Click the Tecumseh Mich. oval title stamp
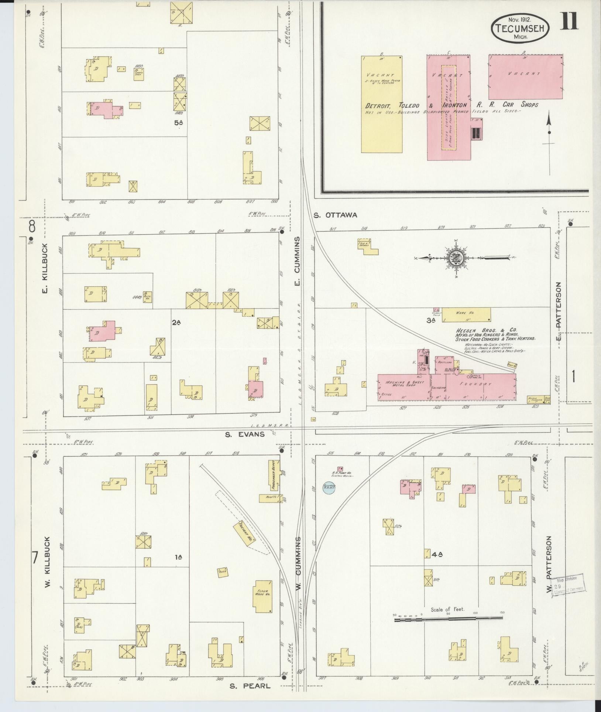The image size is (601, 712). pyautogui.click(x=520, y=28)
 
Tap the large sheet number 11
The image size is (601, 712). pyautogui.click(x=569, y=21)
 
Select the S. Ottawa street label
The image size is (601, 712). pyautogui.click(x=335, y=215)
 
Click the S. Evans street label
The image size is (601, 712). pyautogui.click(x=245, y=434)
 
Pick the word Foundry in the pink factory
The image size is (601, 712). pyautogui.click(x=481, y=384)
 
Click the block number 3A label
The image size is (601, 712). pyautogui.click(x=430, y=321)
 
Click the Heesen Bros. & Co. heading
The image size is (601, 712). pyautogui.click(x=486, y=330)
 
